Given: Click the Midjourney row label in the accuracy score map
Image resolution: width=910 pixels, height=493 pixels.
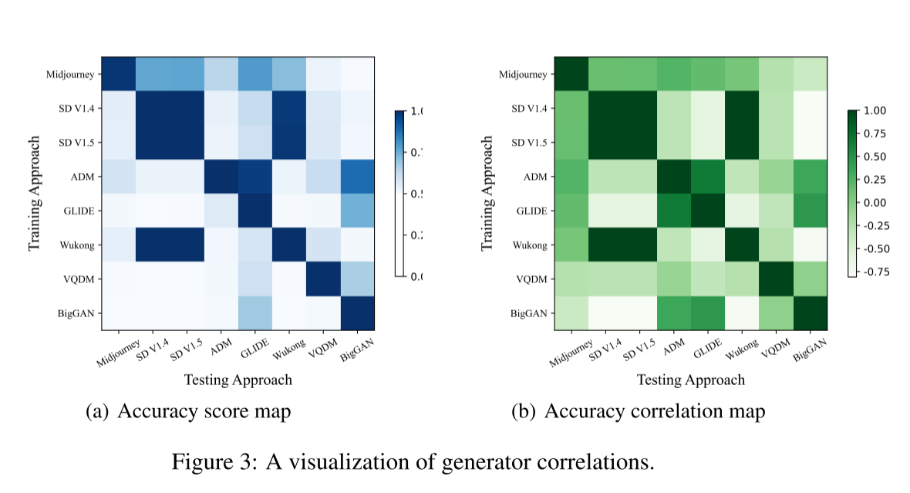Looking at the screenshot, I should [x=72, y=75].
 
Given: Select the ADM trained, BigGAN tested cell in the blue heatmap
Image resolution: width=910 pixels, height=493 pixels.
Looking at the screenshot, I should [x=358, y=177].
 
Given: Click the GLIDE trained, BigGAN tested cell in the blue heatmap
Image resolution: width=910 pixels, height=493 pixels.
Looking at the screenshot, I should [x=358, y=211].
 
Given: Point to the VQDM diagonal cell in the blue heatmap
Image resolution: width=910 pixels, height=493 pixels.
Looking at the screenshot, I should [x=324, y=280].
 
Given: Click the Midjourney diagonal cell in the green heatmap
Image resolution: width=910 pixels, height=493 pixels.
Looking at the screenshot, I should [x=571, y=75].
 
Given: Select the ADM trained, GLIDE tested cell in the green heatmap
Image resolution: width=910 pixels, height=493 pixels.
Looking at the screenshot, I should [x=707, y=177].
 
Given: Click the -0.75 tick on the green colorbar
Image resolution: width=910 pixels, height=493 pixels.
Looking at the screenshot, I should [x=873, y=271].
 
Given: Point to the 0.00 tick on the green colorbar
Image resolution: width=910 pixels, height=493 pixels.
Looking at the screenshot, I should [x=874, y=202].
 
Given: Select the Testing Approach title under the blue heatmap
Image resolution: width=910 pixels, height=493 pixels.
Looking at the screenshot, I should [x=238, y=380].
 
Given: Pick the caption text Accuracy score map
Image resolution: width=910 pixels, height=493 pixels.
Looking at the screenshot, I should [x=204, y=412].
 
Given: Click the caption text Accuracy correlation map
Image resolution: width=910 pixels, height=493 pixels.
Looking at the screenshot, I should [x=655, y=412].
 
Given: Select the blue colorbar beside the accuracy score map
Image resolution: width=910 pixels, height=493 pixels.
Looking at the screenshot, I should [x=399, y=193].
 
